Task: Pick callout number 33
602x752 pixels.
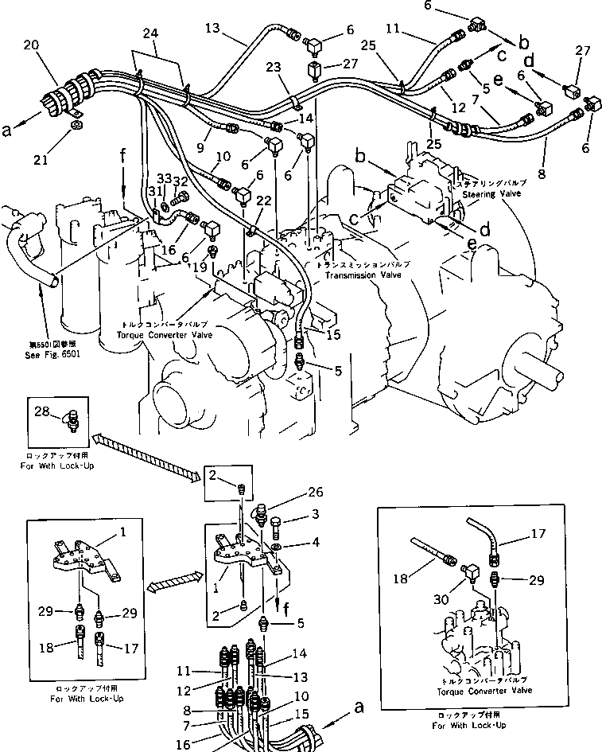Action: (164, 179)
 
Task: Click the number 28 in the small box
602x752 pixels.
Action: (41, 411)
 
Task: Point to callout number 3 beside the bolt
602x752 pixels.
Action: (315, 515)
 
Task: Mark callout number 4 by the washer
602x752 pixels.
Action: (315, 544)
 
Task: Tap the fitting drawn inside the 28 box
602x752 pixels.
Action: (73, 419)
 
